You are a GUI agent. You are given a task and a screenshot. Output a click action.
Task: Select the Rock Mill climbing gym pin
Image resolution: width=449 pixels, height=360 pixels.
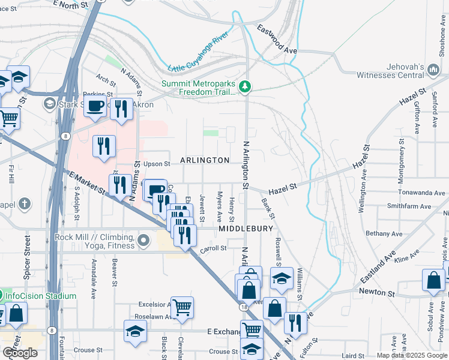(143, 241)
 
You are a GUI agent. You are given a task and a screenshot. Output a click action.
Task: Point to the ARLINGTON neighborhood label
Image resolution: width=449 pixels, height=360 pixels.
(204, 160)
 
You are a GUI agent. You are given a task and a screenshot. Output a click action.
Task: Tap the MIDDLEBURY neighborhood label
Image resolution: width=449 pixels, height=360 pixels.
(246, 229)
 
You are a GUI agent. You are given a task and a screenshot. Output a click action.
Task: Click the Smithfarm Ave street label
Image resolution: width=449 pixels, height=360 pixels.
(409, 206)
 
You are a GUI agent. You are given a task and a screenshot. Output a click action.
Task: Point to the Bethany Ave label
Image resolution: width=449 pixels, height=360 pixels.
(386, 233)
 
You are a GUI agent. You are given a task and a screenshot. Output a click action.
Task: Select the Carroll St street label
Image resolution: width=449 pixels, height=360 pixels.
(212, 248)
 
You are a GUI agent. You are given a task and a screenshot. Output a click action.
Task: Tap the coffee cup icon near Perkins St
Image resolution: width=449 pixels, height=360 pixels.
(95, 107)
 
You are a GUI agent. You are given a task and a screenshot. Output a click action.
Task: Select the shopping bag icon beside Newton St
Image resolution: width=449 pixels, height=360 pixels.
(433, 281)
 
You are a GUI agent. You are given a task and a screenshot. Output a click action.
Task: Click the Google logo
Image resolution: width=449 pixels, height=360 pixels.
(20, 353)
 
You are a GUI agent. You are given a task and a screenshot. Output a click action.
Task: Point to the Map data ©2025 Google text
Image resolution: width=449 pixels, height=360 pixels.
(411, 355)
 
